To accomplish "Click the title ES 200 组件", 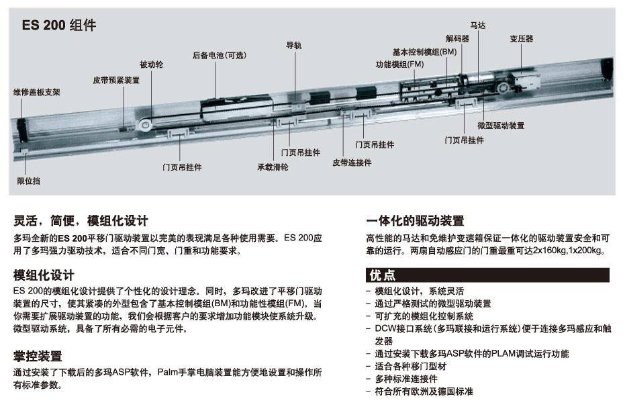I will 58,26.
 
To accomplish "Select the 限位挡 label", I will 28,181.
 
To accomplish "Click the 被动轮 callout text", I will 151,64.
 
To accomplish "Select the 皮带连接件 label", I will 351,163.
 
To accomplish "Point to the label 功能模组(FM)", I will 399,64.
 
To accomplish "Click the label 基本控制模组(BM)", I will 424,52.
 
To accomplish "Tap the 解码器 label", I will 457,39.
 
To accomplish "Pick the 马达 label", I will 477,25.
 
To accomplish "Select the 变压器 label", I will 521,39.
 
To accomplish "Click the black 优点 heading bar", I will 487,275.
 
